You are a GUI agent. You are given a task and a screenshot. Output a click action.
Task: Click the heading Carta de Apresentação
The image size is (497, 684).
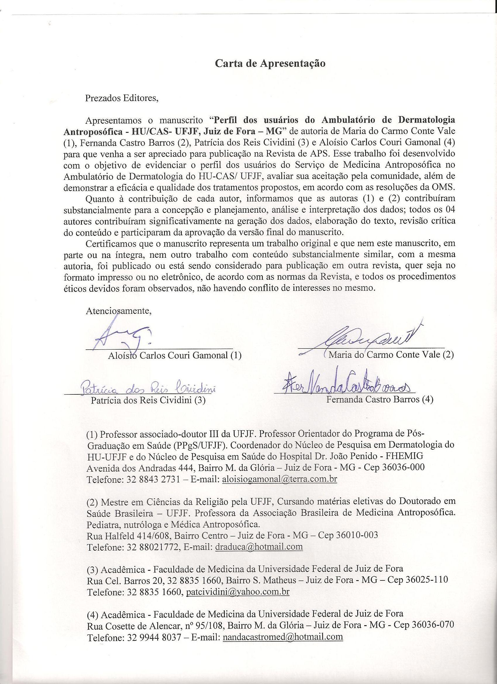point(270,64)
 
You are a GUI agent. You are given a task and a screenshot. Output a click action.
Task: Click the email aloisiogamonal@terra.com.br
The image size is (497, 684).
point(279,479)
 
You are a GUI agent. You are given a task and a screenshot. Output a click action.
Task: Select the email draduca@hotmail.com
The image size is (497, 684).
point(259,547)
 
